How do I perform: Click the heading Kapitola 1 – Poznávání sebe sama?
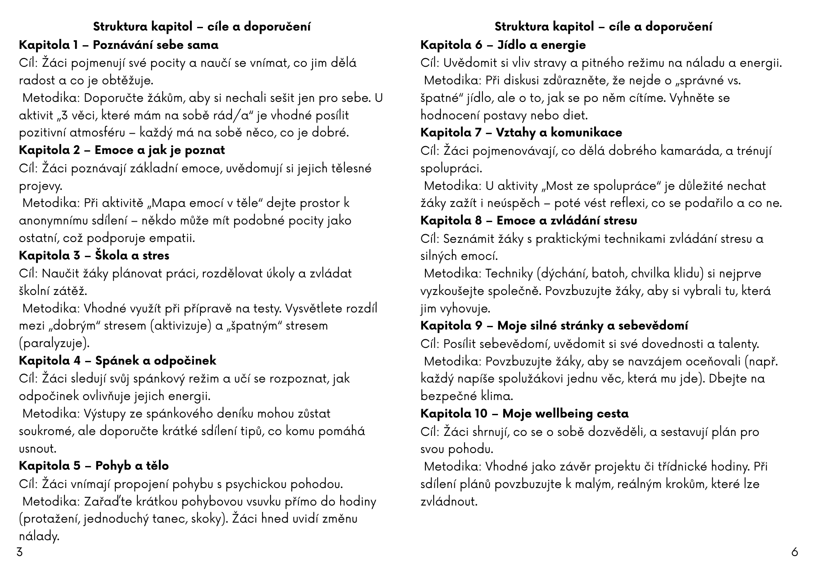pyautogui.click(x=119, y=45)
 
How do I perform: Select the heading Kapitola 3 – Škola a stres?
pyautogui.click(x=94, y=255)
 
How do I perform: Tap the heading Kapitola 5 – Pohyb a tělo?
pyautogui.click(x=94, y=466)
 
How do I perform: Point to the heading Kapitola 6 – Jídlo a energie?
pyautogui.click(x=503, y=45)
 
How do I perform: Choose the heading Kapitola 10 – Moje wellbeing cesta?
pyautogui.click(x=524, y=413)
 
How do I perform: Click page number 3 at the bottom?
pyautogui.click(x=19, y=553)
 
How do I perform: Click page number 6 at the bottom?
pyautogui.click(x=795, y=553)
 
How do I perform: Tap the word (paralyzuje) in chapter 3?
pyautogui.click(x=54, y=343)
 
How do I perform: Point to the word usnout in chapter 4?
pyautogui.click(x=37, y=448)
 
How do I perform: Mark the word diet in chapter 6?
pyautogui.click(x=575, y=115)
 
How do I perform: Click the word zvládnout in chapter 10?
pyautogui.click(x=449, y=501)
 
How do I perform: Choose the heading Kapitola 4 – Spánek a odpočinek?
pyautogui.click(x=117, y=361)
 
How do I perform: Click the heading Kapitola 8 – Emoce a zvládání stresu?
pyautogui.click(x=529, y=220)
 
